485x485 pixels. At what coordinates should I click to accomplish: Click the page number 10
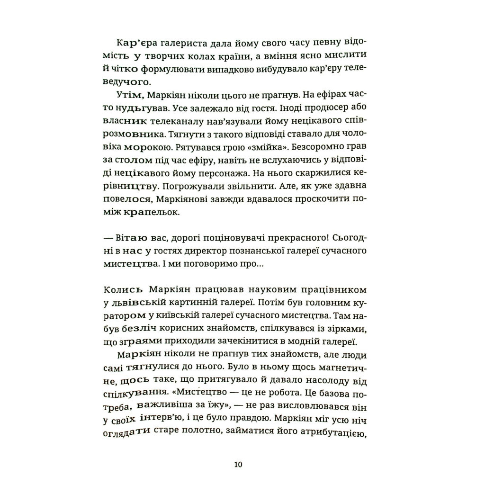click(238, 464)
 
